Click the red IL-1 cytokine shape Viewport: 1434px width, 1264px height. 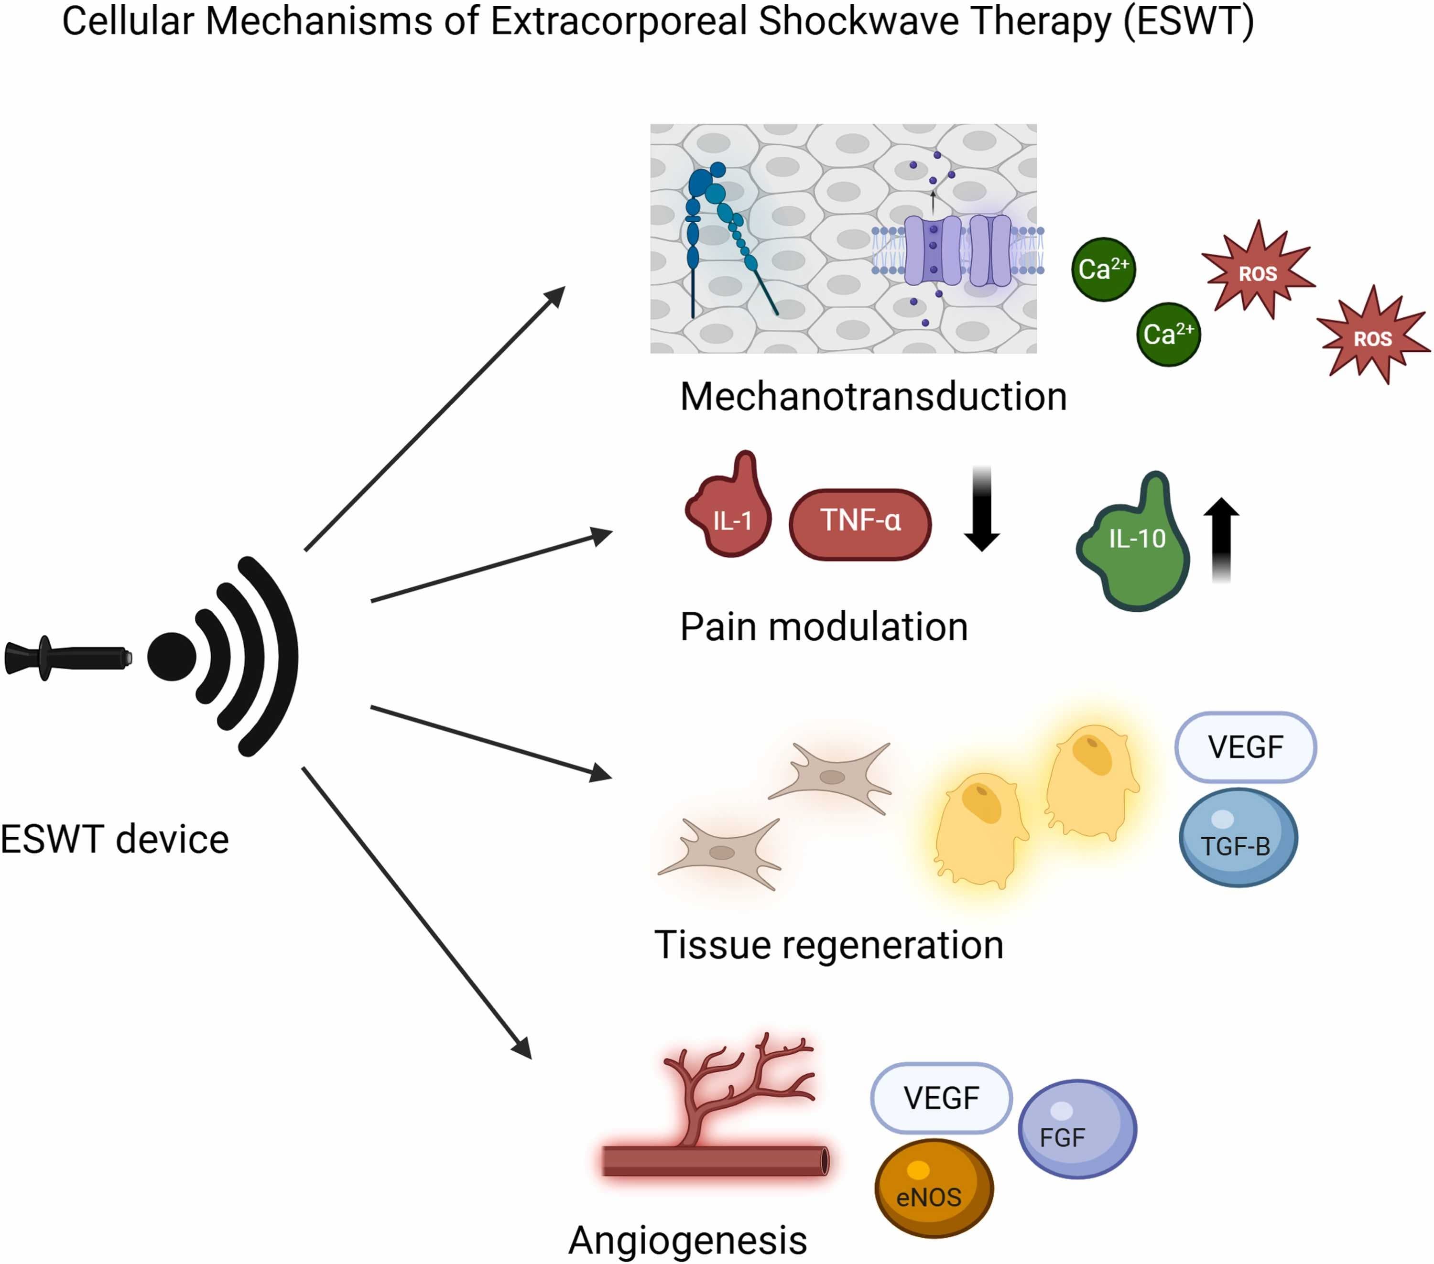(x=729, y=516)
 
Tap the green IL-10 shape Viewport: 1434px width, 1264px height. (x=1137, y=547)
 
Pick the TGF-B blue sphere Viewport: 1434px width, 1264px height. (x=1238, y=838)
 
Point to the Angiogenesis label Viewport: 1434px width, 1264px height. (x=687, y=1240)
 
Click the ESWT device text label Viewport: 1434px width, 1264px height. (x=114, y=840)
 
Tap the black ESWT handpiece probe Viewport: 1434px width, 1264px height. (x=66, y=658)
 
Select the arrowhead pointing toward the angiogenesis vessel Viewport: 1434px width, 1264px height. (x=522, y=1048)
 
